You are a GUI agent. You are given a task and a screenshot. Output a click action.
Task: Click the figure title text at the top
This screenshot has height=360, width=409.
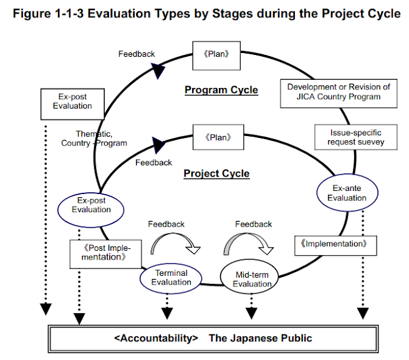pyautogui.click(x=205, y=13)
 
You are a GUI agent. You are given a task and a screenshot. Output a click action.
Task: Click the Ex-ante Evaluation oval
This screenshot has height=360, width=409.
pyautogui.click(x=347, y=193)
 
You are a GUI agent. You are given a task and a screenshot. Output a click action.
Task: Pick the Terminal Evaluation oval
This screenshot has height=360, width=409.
pyautogui.click(x=171, y=278)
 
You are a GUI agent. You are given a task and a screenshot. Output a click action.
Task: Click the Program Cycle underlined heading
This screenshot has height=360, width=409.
pyautogui.click(x=221, y=90)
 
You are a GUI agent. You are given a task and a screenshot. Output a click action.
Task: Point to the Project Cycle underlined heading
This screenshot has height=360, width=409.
pyautogui.click(x=216, y=173)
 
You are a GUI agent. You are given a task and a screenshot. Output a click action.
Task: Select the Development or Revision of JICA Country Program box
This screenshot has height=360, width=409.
pyautogui.click(x=339, y=92)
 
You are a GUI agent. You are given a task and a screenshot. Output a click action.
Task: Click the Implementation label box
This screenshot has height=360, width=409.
pyautogui.click(x=335, y=244)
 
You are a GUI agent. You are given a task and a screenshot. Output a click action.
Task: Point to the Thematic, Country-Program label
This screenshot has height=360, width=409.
pyautogui.click(x=94, y=138)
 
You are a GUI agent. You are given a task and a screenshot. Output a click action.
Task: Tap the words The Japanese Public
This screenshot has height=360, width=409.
pyautogui.click(x=260, y=338)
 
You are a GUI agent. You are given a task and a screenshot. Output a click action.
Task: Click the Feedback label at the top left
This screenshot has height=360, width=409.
pyautogui.click(x=137, y=54)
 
